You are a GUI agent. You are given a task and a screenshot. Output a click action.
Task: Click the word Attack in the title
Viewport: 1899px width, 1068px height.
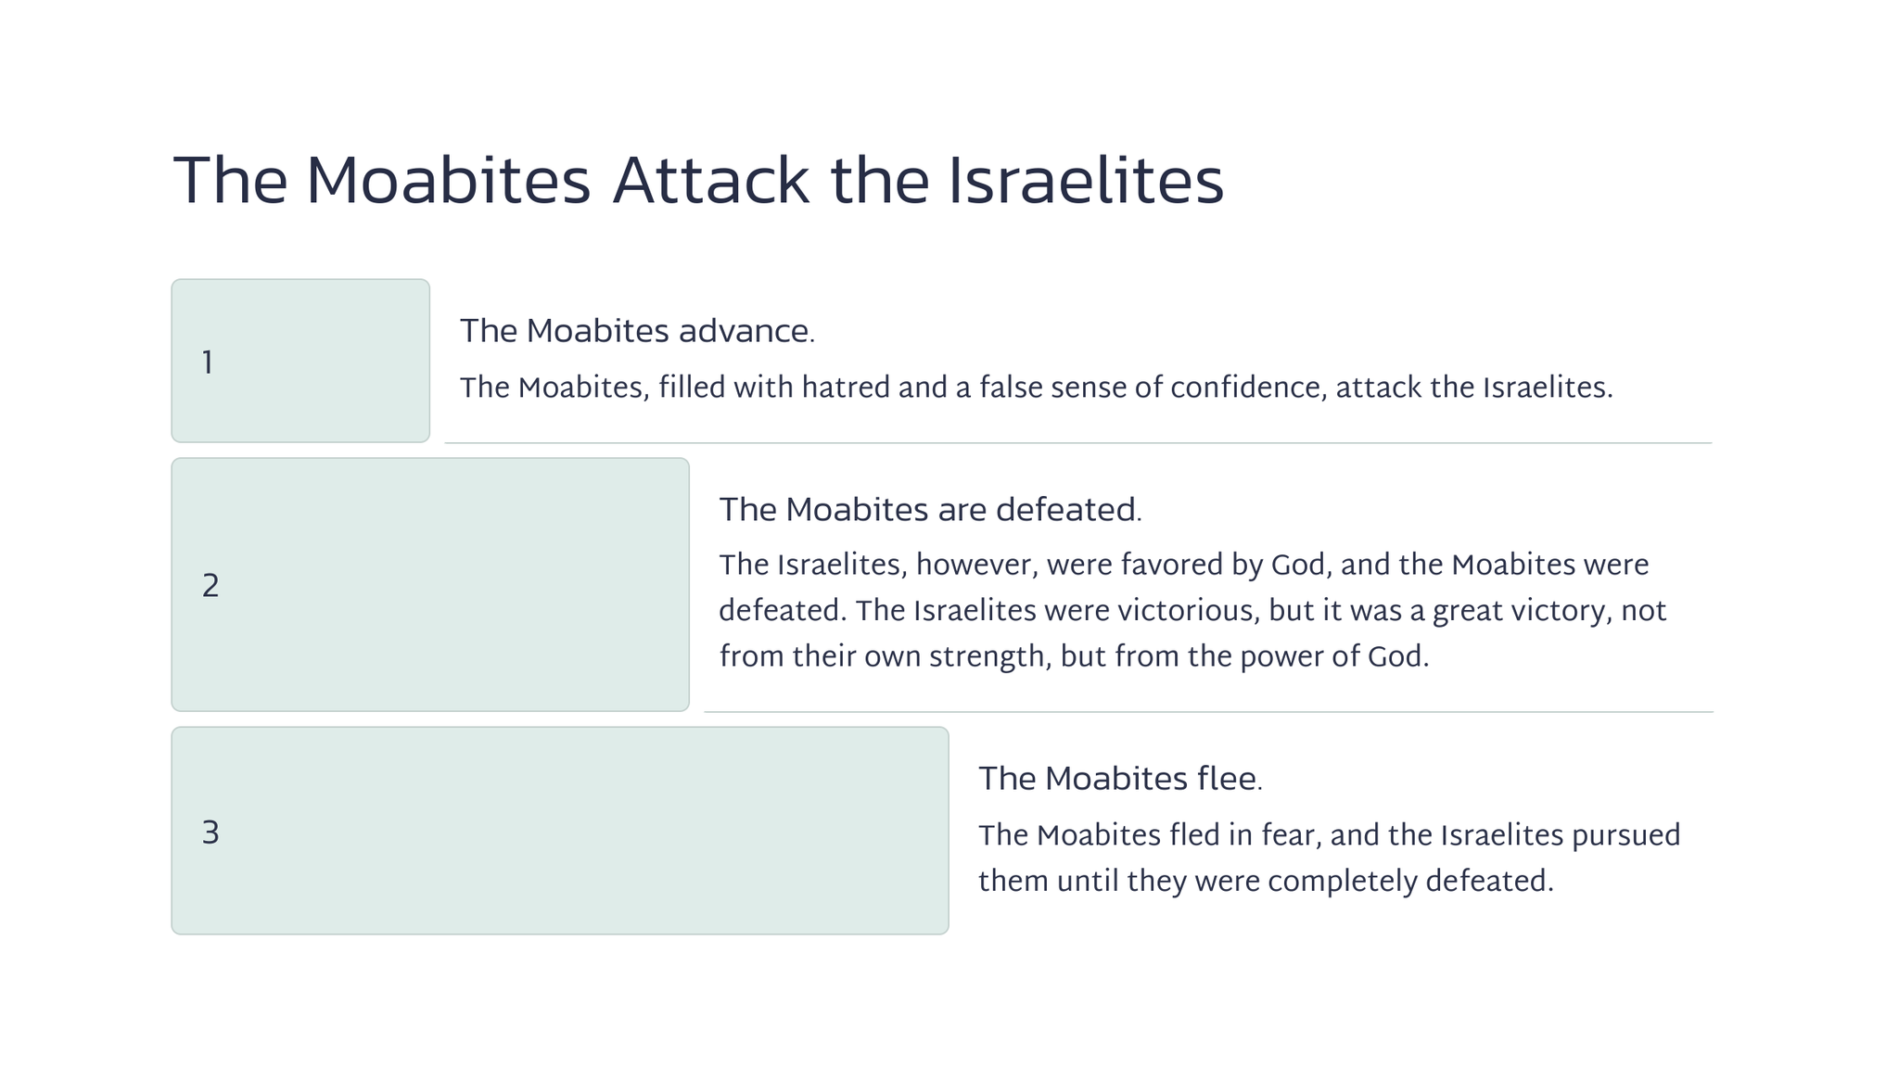710,181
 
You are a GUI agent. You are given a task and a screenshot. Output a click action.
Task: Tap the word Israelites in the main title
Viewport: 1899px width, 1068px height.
1086,181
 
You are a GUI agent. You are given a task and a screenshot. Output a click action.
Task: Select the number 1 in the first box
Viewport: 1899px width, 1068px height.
208,362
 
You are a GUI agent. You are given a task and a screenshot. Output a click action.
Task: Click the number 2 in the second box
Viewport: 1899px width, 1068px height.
210,586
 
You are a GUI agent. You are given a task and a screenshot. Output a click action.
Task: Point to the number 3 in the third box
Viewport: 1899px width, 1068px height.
210,833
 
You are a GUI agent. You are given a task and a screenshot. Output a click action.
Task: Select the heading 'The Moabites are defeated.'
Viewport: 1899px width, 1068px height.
930,510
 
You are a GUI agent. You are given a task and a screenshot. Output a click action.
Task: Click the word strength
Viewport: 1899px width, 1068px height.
988,657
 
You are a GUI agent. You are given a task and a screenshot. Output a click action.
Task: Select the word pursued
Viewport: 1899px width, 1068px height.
1625,835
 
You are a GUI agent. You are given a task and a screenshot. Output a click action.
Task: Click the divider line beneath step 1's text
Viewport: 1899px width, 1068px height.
1078,443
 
